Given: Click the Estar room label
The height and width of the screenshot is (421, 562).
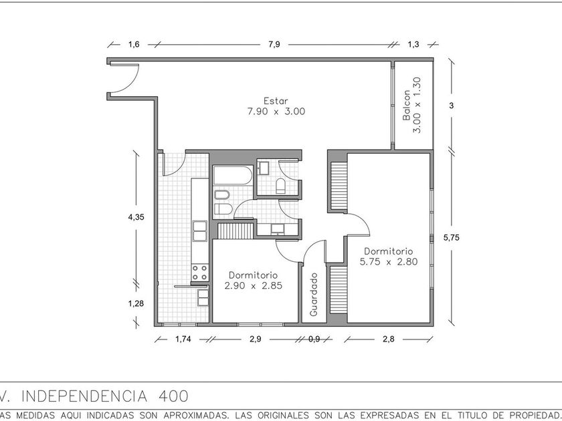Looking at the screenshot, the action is pos(276,101).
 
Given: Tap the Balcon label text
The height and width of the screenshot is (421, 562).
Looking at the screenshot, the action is pos(407,106).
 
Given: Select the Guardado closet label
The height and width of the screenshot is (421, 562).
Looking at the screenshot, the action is pos(314,294).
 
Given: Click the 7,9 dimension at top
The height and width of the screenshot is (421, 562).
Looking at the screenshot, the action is pos(274,44).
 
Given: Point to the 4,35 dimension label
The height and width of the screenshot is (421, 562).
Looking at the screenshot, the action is pos(136,217).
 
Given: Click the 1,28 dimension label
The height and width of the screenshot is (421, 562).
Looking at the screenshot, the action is pos(136,303).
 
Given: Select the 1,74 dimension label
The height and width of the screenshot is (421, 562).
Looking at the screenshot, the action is pos(183,339).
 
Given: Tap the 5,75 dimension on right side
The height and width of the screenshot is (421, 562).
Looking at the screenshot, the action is pos(451,237).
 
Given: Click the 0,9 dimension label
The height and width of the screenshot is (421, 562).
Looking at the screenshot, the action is pos(314,339).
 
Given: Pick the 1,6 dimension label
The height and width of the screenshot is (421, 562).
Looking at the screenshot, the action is pos(134,44).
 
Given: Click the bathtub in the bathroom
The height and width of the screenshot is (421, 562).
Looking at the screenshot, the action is pos(233,175).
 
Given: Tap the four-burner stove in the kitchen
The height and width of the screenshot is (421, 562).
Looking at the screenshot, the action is pos(199,273).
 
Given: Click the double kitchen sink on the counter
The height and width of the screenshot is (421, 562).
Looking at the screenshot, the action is pos(199,231).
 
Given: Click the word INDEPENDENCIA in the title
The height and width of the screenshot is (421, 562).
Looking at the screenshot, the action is pos(84,396).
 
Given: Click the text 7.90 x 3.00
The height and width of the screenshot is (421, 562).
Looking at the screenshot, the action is pos(276,112).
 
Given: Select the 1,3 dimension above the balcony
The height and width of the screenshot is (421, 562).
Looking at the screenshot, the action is pos(413,44).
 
